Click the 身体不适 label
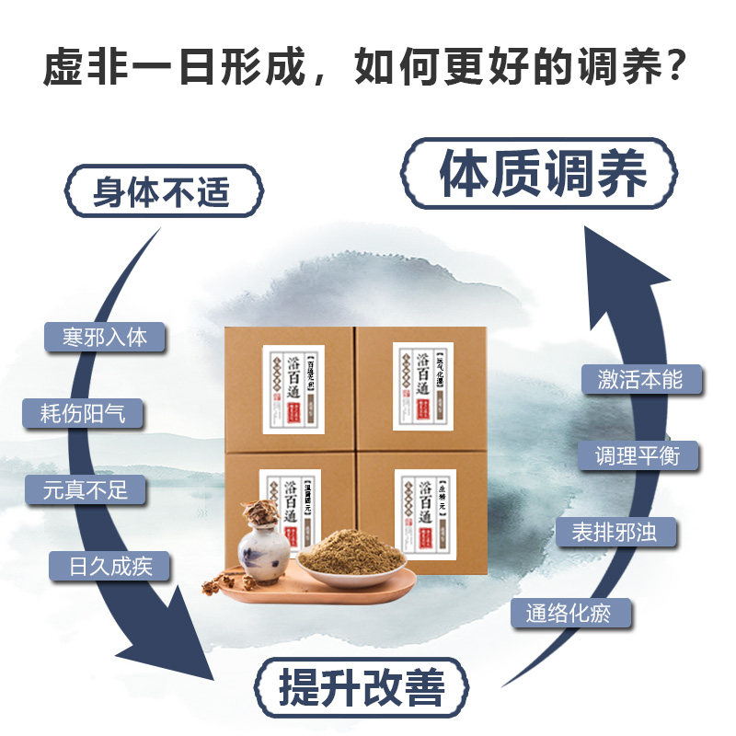pos(162,193)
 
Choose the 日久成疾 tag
pos(109,566)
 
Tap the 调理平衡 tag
pos(637,455)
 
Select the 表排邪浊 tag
pos(614,533)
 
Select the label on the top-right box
pos(422,386)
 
